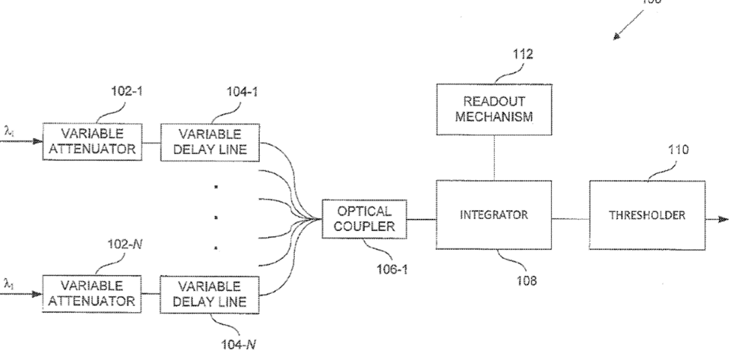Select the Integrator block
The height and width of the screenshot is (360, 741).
pyautogui.click(x=494, y=215)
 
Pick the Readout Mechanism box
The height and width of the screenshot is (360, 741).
pyautogui.click(x=495, y=109)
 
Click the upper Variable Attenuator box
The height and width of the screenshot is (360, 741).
pyautogui.click(x=93, y=142)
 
